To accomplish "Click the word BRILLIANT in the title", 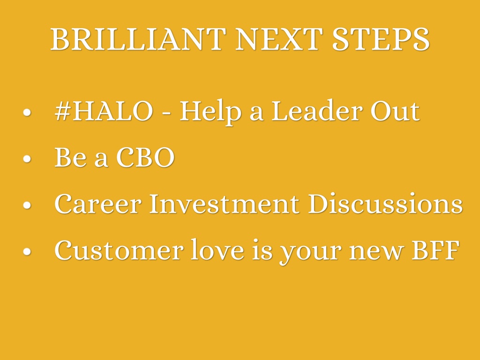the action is tap(138, 39).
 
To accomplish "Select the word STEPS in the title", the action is tap(381, 39).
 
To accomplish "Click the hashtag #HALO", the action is tap(104, 111).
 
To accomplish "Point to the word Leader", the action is tap(315, 111).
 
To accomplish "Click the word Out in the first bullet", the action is tap(395, 111).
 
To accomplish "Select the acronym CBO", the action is tap(145, 157).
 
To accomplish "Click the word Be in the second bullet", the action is tap(70, 157).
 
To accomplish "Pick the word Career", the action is tap(97, 203).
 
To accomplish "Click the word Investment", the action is tap(224, 203).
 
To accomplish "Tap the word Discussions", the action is tap(385, 203).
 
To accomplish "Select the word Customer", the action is tap(119, 250).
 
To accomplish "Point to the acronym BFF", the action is tap(435, 250).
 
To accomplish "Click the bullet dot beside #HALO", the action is tap(27, 112).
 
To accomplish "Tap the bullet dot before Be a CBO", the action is tap(27, 158).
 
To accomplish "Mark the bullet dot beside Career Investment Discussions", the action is tap(27, 205).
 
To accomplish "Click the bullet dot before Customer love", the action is tap(27, 251).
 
